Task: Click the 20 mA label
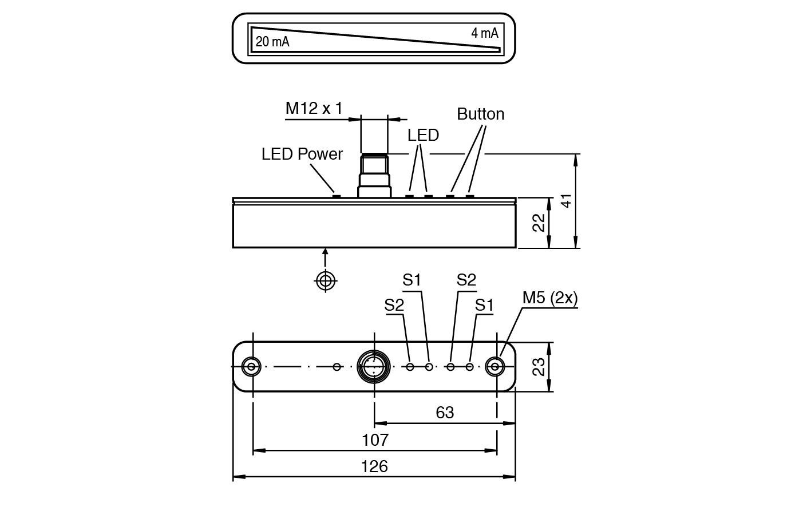pos(272,42)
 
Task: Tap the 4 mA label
pos(484,33)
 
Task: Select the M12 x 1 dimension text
pos(314,108)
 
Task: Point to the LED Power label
pos(302,154)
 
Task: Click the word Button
pos(480,114)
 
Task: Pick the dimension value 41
pos(565,201)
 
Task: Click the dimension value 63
pos(445,412)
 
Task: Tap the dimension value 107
pos(375,439)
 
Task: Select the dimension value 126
pos(374,466)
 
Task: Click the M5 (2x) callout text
pos(549,298)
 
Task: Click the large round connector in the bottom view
pos(374,366)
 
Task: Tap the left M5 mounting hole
pos(251,366)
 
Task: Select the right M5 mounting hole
pos(495,366)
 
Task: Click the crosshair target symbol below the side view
pos(326,280)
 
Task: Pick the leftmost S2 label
pos(394,305)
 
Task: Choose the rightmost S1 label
pos(484,305)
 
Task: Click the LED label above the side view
pos(423,135)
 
